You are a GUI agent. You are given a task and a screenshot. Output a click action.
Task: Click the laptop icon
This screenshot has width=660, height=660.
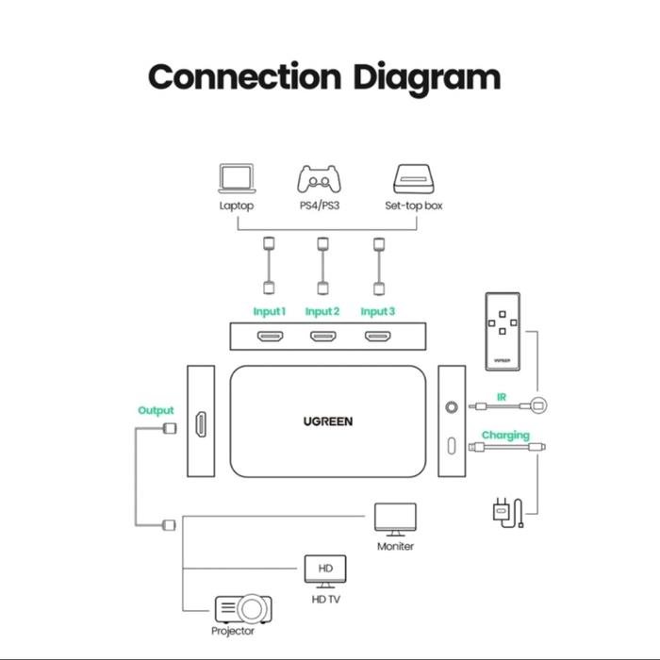coord(237,179)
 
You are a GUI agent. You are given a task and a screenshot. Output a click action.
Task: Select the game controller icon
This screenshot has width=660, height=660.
coord(322,179)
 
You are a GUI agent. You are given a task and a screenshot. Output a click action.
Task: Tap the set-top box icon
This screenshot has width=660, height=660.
coord(413,179)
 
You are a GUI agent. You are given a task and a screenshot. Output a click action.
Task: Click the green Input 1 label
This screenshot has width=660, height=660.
coord(270,311)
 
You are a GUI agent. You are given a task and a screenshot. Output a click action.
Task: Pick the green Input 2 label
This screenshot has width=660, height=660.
coord(322,311)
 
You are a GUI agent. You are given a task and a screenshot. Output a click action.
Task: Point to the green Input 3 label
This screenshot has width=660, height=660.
coord(378,311)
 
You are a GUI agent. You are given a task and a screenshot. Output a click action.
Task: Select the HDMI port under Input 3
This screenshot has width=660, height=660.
coord(379,337)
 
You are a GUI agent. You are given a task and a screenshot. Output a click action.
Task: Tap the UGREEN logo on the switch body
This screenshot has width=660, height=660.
coord(328,421)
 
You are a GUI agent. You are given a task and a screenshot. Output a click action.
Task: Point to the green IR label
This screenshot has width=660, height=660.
coord(502,398)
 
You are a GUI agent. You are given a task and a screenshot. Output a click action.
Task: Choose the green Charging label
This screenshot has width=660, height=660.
coord(505,436)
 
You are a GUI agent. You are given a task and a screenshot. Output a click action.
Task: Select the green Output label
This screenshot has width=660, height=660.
coord(157,410)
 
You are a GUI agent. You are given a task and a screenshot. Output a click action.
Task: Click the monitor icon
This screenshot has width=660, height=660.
coord(395,519)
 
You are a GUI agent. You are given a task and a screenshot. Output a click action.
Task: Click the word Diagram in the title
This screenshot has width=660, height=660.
coord(426,76)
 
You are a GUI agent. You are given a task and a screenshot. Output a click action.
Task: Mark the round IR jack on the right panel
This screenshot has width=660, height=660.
coord(452,407)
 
